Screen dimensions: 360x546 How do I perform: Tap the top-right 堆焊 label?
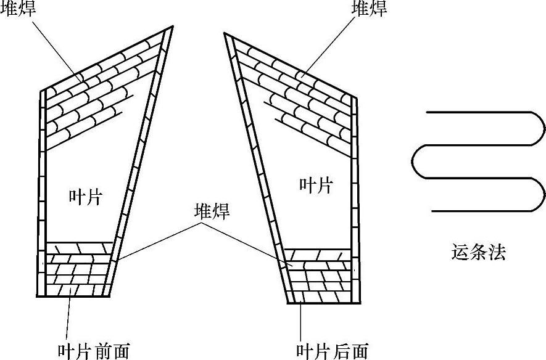[368, 8]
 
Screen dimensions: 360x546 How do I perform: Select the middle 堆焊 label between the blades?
[212, 213]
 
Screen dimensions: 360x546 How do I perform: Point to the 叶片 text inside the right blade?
[316, 184]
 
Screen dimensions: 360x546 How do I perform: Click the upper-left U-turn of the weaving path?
[416, 162]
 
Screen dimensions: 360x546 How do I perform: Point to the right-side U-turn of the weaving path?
[541, 129]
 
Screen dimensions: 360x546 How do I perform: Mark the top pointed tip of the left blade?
[170, 28]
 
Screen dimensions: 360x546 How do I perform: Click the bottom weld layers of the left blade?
[77, 271]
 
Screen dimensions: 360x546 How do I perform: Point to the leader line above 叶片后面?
[300, 321]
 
